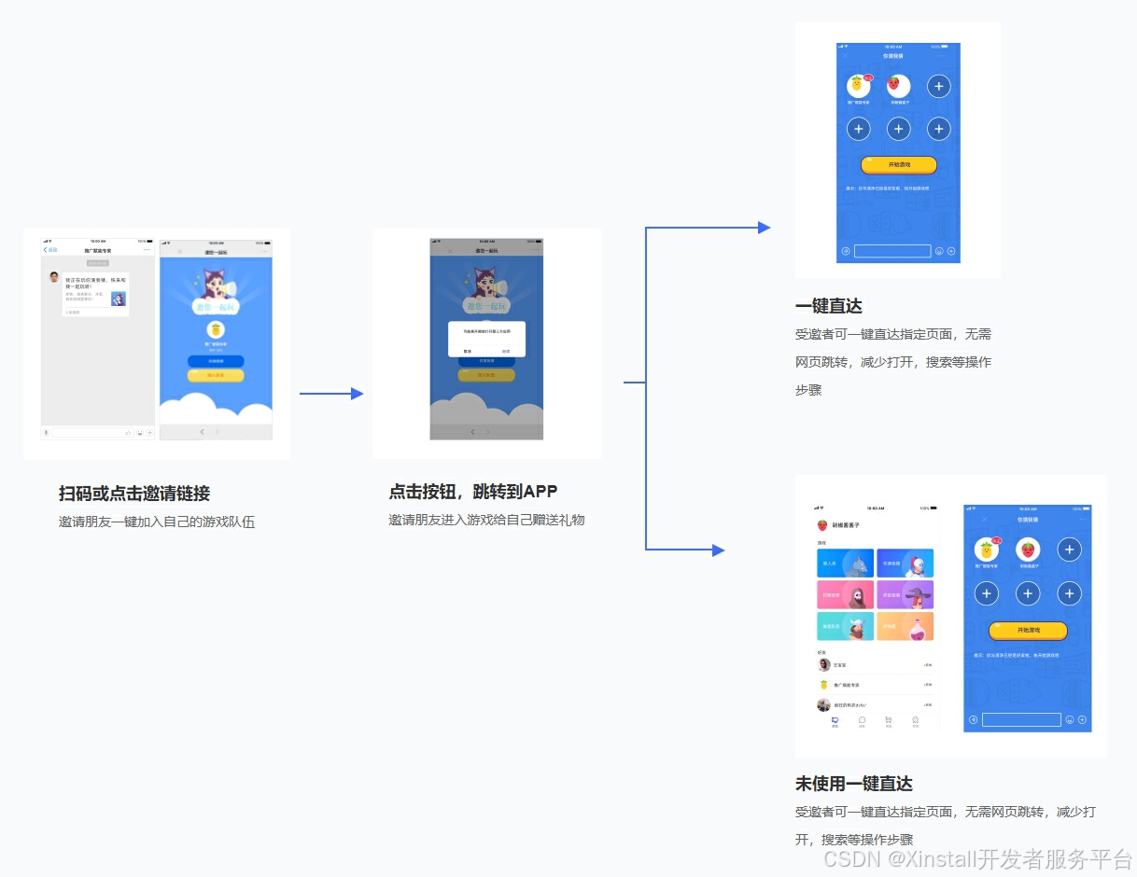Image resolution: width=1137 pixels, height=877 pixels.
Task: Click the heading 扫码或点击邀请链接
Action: pyautogui.click(x=134, y=494)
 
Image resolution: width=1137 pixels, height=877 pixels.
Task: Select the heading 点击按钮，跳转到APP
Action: pyautogui.click(x=473, y=492)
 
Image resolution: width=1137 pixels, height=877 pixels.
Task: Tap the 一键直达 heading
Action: pyautogui.click(x=828, y=306)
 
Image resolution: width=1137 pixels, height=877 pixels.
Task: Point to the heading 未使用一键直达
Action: pyautogui.click(x=853, y=784)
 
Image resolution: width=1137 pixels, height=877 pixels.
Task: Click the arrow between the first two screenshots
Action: pyautogui.click(x=330, y=394)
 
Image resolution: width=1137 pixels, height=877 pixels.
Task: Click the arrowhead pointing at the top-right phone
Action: pyautogui.click(x=764, y=228)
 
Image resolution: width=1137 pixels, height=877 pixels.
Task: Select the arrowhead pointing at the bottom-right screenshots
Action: pyautogui.click(x=718, y=550)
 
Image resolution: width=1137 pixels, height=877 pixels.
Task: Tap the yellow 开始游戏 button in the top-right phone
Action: pyautogui.click(x=898, y=165)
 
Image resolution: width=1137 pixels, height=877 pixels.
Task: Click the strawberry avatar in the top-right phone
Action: pyautogui.click(x=898, y=87)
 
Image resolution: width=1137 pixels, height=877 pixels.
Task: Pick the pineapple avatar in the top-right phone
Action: pyautogui.click(x=858, y=87)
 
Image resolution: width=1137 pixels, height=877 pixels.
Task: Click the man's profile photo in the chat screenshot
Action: pyautogui.click(x=55, y=277)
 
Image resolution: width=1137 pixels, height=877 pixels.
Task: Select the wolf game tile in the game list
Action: pyautogui.click(x=845, y=564)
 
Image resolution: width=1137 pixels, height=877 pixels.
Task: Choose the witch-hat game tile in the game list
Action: pyautogui.click(x=905, y=594)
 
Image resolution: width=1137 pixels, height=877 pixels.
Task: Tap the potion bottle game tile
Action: pyautogui.click(x=905, y=626)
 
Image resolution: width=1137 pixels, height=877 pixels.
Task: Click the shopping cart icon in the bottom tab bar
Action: pyautogui.click(x=888, y=720)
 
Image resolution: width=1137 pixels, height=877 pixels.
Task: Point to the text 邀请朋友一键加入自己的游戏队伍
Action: pyautogui.click(x=157, y=522)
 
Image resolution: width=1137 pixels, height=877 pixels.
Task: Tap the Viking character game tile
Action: pyautogui.click(x=845, y=594)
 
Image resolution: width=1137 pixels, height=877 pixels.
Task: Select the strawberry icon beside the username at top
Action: pyautogui.click(x=822, y=525)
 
